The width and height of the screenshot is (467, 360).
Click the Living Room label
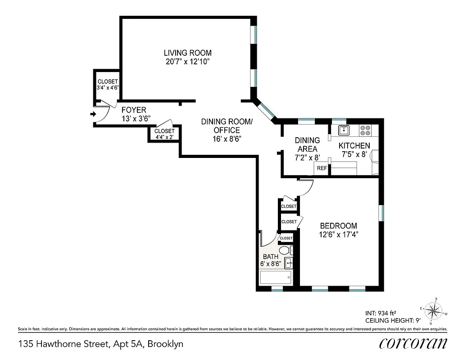[187, 53]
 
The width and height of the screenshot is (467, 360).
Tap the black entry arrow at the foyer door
[93, 114]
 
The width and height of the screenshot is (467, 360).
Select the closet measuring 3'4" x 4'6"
[107, 85]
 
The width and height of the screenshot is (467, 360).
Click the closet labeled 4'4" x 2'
[164, 134]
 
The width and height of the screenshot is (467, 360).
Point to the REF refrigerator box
[322, 168]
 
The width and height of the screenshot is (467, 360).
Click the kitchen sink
[345, 130]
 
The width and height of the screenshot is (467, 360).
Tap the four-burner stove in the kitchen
[365, 130]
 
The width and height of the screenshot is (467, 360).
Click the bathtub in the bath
[275, 277]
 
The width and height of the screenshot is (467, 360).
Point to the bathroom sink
[289, 262]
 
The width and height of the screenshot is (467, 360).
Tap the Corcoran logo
[413, 343]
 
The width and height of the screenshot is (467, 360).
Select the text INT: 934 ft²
[380, 312]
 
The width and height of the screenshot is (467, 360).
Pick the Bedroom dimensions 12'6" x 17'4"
[338, 234]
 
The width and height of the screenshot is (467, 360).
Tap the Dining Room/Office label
[227, 126]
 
